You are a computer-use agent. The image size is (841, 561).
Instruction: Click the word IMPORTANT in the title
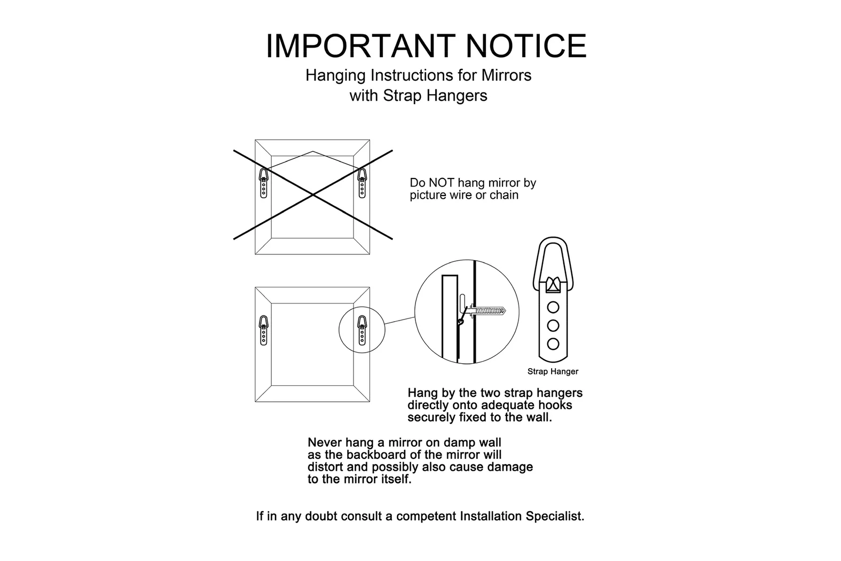(360, 46)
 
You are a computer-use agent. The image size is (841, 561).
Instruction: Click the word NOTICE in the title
(526, 46)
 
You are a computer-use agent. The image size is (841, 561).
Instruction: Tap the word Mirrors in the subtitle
(507, 75)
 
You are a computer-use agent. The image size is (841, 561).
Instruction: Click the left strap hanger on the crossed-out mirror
(264, 183)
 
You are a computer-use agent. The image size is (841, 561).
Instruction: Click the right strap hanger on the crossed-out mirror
(362, 183)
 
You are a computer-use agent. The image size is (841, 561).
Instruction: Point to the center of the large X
(313, 194)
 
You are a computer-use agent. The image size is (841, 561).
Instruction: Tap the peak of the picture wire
(313, 151)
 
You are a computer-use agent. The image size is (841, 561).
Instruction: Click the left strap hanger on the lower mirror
(264, 330)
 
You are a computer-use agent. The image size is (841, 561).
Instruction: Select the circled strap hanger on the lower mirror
(362, 330)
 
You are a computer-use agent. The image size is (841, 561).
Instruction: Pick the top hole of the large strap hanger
(553, 307)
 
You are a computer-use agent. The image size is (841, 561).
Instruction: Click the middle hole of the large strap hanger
(553, 325)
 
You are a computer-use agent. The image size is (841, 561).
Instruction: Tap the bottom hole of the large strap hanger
(553, 344)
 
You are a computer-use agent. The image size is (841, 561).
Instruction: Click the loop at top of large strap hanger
(553, 239)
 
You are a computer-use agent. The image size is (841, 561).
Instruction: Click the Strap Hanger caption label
(553, 372)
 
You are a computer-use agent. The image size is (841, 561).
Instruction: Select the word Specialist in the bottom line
(555, 517)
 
